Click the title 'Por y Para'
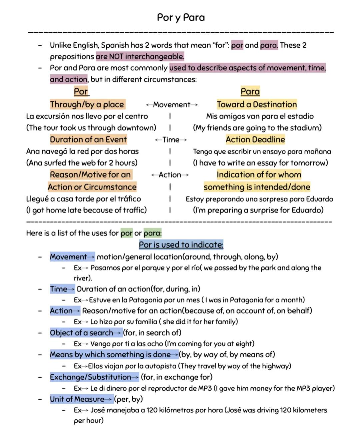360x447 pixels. coord(181,17)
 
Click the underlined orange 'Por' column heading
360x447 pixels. coord(81,91)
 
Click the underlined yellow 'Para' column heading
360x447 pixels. coord(250,91)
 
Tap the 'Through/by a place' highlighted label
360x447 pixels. coord(87,104)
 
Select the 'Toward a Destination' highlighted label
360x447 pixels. coord(257,104)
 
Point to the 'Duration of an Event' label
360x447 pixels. coord(88,139)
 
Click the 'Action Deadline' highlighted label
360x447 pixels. coord(255,139)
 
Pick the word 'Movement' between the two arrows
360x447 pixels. coord(172,105)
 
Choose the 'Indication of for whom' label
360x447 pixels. coord(259,174)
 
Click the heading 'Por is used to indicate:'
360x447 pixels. coord(181,245)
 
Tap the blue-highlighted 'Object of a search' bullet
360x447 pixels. coord(82,333)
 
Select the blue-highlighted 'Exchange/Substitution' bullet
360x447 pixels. coord(91,377)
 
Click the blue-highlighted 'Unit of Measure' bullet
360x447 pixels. coord(77,399)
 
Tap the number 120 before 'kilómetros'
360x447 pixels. coord(152,410)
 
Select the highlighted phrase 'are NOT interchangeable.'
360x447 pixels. coord(140,56)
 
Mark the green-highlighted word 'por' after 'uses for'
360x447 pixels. coord(127,233)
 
